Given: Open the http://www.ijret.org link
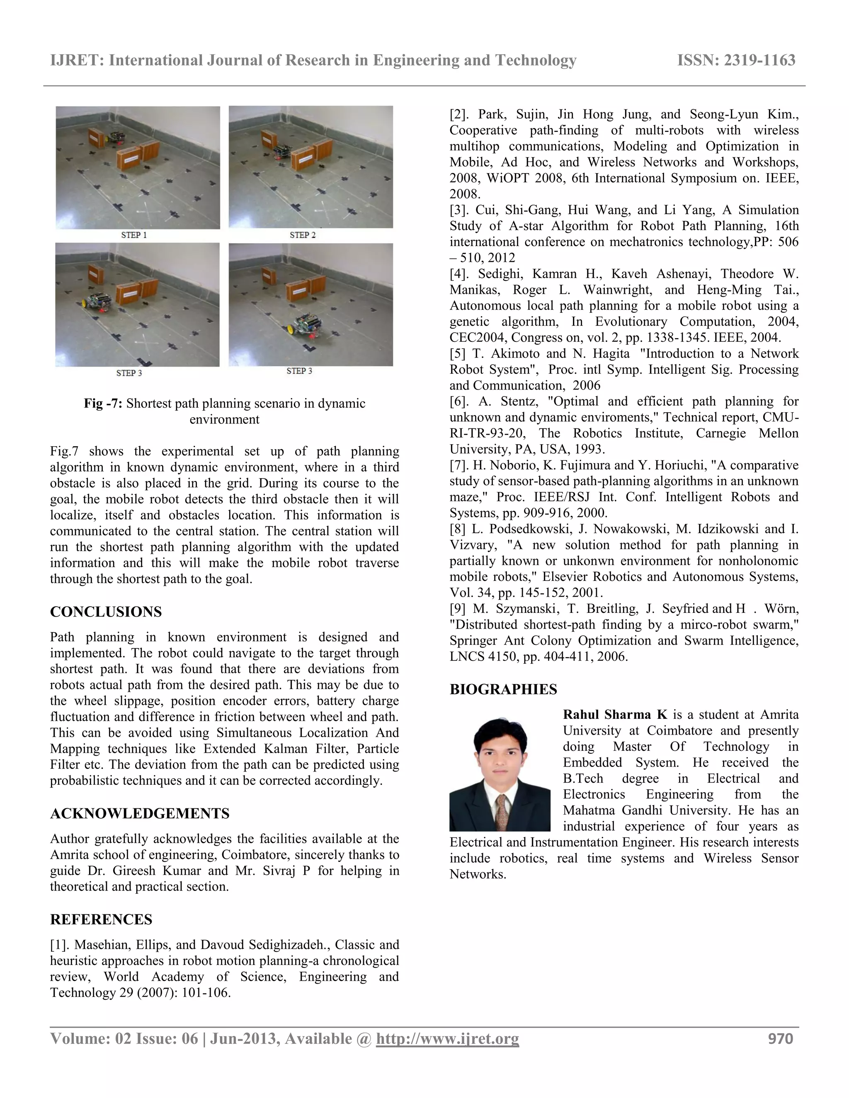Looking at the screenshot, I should (x=447, y=1039).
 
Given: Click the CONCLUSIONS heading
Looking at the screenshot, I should (x=106, y=612).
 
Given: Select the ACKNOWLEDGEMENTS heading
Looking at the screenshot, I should (x=139, y=813).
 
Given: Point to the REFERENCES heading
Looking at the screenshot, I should (x=101, y=919).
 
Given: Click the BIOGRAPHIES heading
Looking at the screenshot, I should (x=503, y=689).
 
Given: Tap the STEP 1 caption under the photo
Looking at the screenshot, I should (x=134, y=235).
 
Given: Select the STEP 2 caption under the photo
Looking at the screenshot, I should (x=302, y=235).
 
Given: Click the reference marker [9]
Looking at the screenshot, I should (x=457, y=609).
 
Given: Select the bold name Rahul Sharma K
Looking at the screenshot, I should (x=615, y=715).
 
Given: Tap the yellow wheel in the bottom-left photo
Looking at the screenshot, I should (x=85, y=303).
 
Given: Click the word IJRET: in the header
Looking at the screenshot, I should (x=77, y=60).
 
